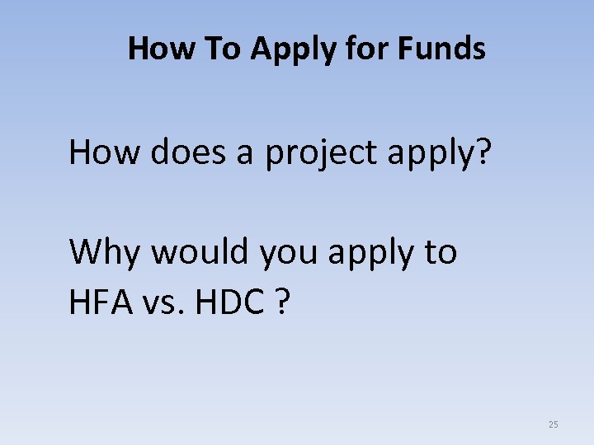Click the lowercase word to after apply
point(441,252)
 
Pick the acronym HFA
point(101,304)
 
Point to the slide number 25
point(553,424)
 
